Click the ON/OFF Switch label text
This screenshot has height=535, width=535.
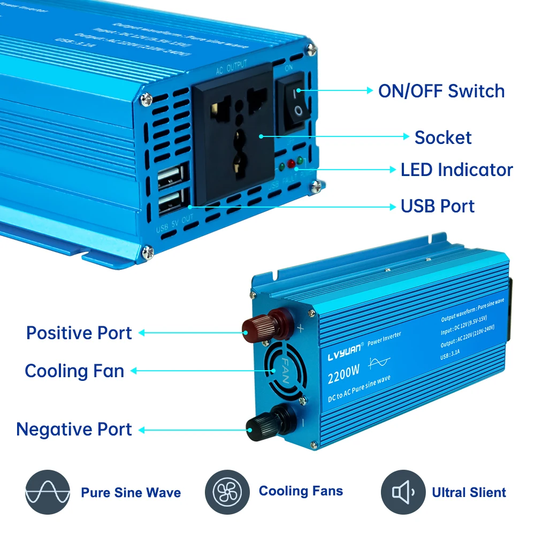pos(441,91)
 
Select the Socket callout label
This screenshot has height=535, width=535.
pos(443,137)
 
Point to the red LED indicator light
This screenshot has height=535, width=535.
pos(291,163)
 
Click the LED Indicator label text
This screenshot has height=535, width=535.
pos(456,170)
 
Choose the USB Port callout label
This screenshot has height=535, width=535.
pos(437,206)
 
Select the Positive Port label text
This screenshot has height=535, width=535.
pos(79,333)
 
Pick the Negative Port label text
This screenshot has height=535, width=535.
pos(74,429)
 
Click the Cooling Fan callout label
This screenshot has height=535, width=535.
pos(74,371)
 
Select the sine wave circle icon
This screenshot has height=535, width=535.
pos(48,492)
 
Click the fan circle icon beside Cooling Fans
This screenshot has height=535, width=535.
pos(227,492)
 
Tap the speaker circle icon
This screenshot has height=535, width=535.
pos(403,492)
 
